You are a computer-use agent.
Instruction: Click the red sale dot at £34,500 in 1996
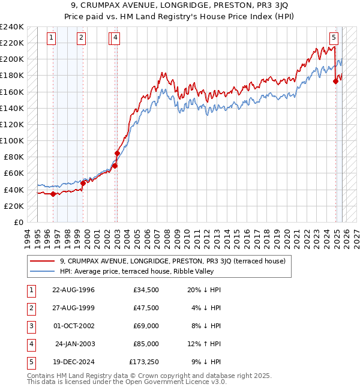53,194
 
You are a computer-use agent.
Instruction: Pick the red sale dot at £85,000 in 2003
117,153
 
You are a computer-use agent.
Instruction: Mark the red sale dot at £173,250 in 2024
336,82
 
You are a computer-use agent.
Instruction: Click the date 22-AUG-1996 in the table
73,290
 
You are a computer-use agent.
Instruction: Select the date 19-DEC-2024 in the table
73,362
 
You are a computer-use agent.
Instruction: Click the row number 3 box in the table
30,326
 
